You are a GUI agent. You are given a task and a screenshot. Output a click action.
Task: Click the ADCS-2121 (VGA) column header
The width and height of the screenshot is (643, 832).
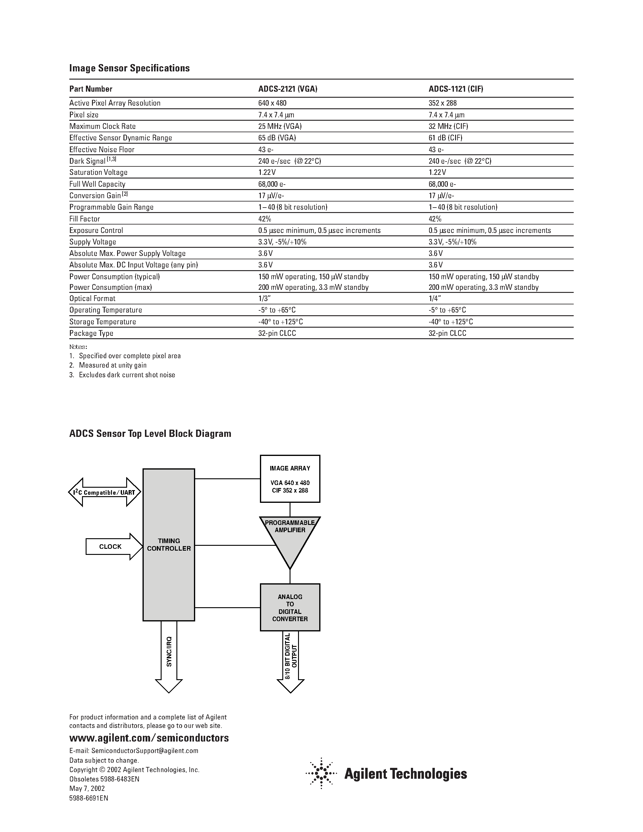pos(287,89)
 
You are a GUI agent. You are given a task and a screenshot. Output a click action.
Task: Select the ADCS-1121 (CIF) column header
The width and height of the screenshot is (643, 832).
pos(456,89)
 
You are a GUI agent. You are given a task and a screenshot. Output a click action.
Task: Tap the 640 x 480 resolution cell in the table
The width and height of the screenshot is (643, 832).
pos(272,103)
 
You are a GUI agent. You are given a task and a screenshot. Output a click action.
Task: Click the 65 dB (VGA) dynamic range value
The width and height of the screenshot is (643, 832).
pos(277,138)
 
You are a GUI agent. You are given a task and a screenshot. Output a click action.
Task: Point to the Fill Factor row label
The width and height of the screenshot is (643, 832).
pos(84,219)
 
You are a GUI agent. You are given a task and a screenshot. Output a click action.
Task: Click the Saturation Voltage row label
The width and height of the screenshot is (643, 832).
pos(98,172)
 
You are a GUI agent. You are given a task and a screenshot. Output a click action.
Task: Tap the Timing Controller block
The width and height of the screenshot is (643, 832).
pos(169,545)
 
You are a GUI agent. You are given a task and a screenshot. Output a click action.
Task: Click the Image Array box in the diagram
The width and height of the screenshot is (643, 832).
pos(290,479)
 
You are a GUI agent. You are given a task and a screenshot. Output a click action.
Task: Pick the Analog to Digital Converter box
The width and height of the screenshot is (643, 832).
pos(290,608)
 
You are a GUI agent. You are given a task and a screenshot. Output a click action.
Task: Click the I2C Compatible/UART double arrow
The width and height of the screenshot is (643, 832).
pos(104,492)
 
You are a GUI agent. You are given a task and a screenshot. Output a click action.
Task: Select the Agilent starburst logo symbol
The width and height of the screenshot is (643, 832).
pos(321,773)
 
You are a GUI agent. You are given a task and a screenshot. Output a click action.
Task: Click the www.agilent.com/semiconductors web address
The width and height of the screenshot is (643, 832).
pos(149,738)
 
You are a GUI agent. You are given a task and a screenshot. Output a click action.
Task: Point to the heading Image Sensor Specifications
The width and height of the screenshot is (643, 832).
pos(129,68)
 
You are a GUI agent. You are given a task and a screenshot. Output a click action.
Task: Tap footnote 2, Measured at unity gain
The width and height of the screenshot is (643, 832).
pos(112,365)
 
